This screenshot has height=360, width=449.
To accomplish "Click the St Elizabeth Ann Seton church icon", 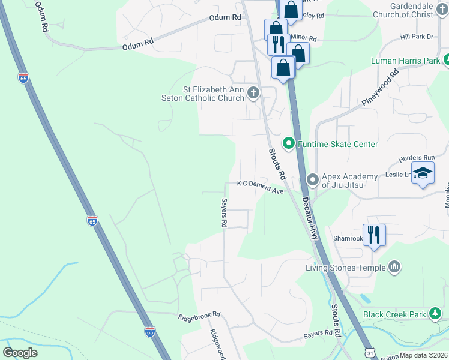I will [x=253, y=92].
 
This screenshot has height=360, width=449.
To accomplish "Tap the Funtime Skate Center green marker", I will [x=288, y=143].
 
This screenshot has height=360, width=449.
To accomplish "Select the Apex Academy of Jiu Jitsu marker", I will [x=312, y=179].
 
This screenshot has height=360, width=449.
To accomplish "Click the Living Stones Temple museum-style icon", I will [x=394, y=266].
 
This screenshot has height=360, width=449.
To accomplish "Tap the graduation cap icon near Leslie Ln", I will [x=423, y=173].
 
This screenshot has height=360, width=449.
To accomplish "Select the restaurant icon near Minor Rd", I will [x=278, y=44].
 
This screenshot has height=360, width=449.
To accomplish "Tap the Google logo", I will [x=20, y=352].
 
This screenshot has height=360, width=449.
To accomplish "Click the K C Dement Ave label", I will [x=259, y=187].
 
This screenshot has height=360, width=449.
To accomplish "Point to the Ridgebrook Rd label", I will [x=199, y=315].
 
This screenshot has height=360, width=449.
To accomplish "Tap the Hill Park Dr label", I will [x=417, y=37].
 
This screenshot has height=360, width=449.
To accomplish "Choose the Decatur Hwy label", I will [x=310, y=219].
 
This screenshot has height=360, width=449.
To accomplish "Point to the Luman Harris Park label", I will [x=405, y=61].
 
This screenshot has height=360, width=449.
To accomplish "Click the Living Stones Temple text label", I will [x=345, y=268].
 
